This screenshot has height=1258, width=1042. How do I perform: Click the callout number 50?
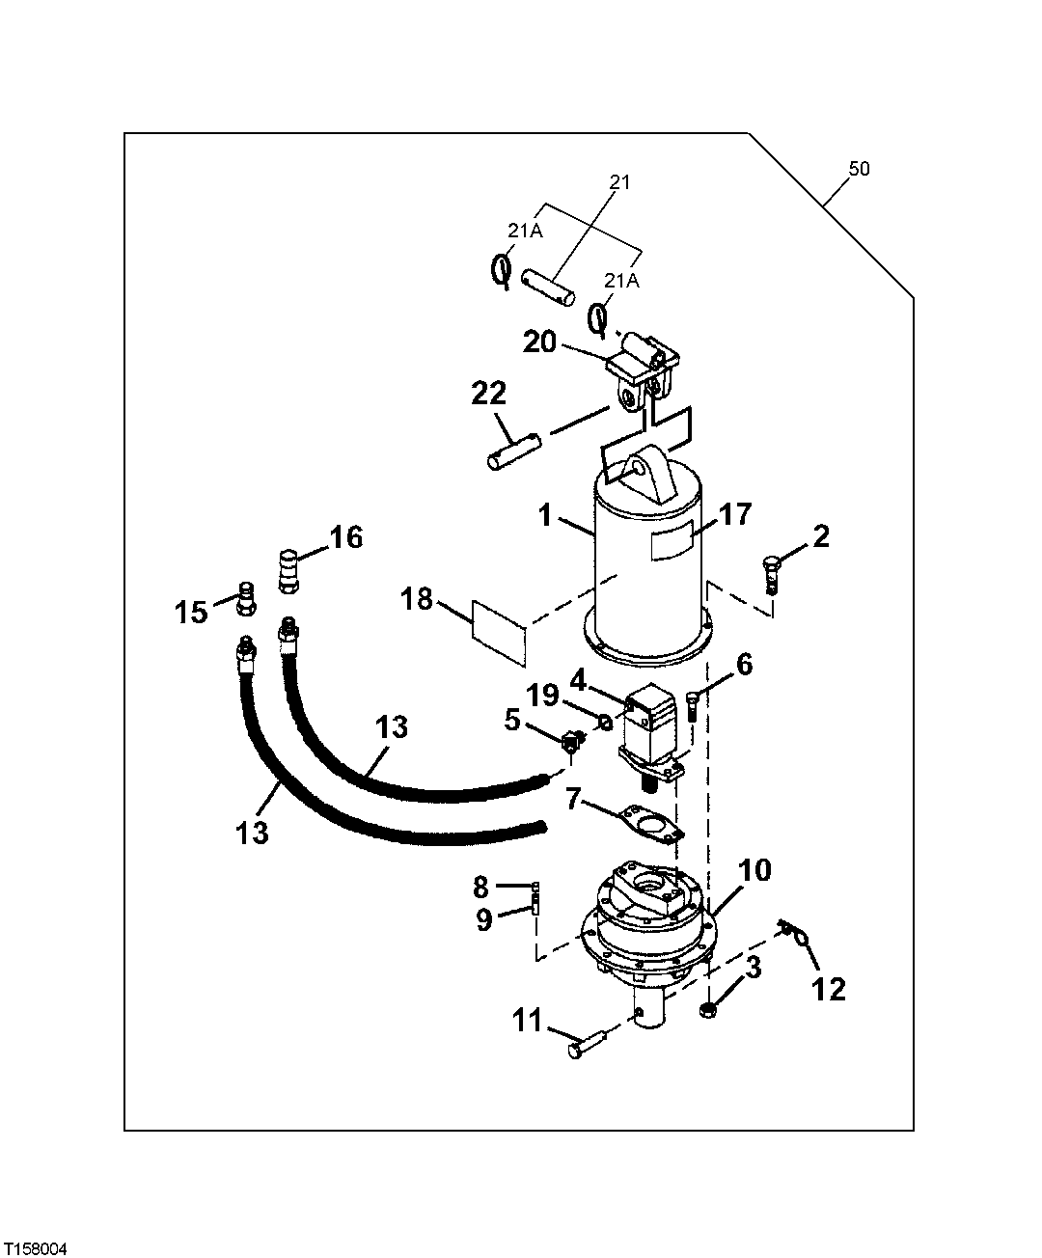859,169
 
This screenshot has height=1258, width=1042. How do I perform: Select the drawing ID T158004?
36,1248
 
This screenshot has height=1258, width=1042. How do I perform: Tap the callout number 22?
489,396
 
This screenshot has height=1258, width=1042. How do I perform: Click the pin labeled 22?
516,451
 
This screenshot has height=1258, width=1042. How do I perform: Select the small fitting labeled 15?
245,597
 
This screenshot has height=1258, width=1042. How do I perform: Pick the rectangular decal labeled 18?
499,631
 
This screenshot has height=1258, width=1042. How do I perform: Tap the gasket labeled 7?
653,823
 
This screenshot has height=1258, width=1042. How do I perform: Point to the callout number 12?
830,989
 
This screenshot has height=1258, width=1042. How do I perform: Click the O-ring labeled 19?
604,721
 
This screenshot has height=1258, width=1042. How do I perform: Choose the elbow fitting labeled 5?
570,741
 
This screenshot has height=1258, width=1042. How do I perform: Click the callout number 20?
540,342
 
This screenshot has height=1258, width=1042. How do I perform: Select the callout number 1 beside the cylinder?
545,516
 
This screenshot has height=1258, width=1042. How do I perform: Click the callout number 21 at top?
618,182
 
